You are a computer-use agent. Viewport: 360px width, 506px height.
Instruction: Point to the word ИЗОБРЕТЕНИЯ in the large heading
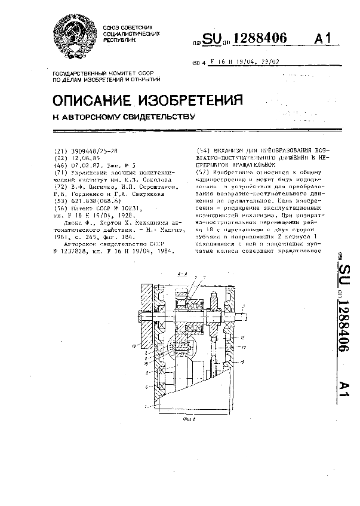click(x=198, y=99)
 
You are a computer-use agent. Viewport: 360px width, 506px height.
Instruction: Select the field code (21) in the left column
click(x=60, y=151)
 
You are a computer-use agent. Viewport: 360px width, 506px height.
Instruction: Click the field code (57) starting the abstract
click(x=204, y=172)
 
